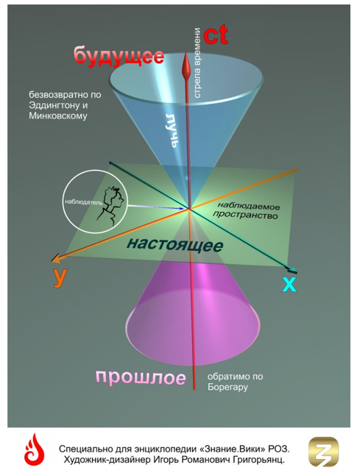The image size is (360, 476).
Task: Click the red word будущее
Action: pos(119,56)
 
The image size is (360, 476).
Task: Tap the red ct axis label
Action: pos(216,35)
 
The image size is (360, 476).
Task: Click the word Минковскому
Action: pos(58,116)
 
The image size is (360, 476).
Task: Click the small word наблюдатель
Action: pos(84,202)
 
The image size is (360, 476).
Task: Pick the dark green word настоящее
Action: pos(174,244)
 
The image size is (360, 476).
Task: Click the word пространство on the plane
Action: pos(245,215)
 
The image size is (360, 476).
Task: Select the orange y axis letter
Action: pos(59,277)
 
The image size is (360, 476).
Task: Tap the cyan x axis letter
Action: pos(289,285)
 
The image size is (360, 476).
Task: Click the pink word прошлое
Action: pos(141,377)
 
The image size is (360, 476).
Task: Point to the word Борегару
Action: pos(227,387)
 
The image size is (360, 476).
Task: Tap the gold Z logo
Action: pos(323,452)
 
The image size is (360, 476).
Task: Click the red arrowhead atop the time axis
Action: pos(186,65)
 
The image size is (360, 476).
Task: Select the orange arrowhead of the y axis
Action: pos(55,259)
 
